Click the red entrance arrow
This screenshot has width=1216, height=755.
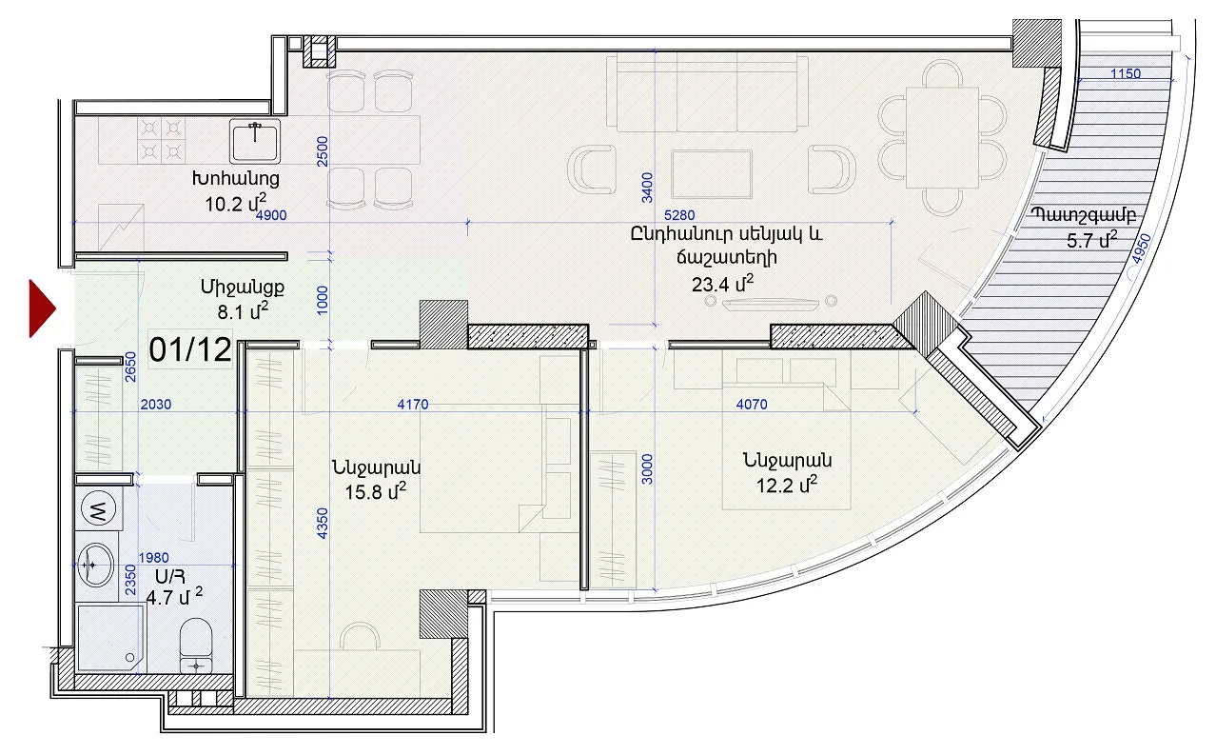(x=41, y=308)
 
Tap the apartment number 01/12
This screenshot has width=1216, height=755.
(x=190, y=349)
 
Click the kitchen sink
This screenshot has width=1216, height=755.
(x=255, y=141)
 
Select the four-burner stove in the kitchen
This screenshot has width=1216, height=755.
(x=161, y=140)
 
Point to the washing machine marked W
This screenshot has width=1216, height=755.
(x=98, y=509)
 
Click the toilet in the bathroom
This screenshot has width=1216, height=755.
(x=195, y=646)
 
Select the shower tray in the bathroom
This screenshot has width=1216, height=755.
(x=110, y=638)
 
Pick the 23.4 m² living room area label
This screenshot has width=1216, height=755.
(x=722, y=283)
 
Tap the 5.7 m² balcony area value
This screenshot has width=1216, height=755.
(x=1091, y=240)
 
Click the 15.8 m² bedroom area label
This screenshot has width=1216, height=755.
(x=376, y=491)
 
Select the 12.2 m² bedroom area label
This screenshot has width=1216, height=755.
(x=787, y=484)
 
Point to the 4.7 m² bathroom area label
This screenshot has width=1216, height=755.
(x=174, y=596)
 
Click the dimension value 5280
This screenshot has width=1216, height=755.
(x=679, y=215)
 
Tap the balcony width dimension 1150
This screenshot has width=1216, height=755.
(x=1126, y=73)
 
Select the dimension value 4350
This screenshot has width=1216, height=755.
(x=323, y=524)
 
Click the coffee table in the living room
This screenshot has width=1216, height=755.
(x=712, y=174)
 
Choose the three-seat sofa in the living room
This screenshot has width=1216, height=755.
(x=707, y=92)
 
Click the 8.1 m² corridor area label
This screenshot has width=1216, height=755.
(x=243, y=311)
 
